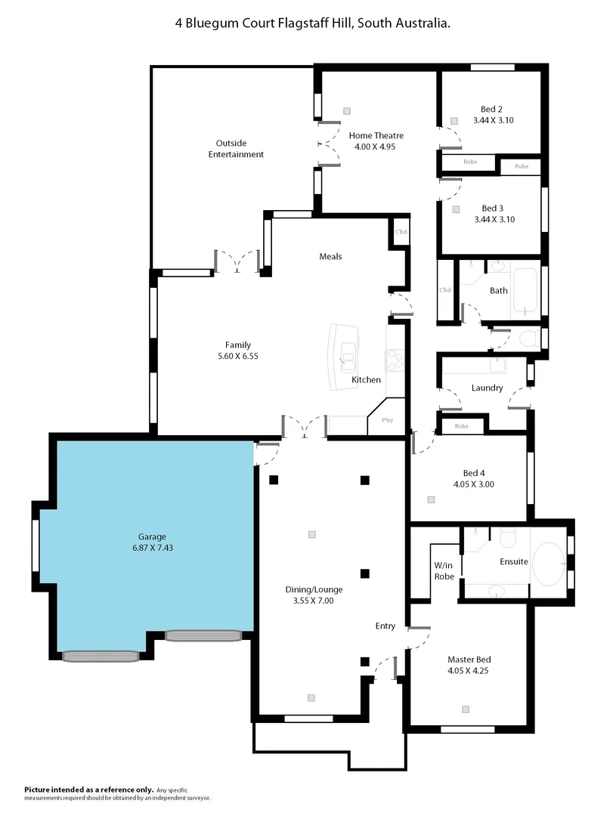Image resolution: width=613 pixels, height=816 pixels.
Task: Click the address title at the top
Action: click(x=312, y=23)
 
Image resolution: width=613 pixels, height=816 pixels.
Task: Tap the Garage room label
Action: click(x=152, y=536)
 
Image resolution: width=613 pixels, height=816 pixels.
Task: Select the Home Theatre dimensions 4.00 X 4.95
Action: click(x=376, y=146)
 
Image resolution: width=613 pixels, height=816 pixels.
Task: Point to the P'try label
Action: click(x=387, y=420)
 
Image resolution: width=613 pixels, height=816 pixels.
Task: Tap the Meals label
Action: click(x=330, y=256)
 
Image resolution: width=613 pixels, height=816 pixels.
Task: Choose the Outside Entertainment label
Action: click(x=236, y=149)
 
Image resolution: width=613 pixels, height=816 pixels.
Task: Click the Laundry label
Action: click(x=487, y=388)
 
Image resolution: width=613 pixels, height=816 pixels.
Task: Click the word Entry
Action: click(x=385, y=626)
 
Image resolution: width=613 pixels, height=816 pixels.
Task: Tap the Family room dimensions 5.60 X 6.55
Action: click(x=237, y=355)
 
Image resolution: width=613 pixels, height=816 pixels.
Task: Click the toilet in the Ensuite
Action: click(x=507, y=539)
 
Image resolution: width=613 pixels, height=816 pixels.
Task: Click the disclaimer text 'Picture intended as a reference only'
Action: click(x=89, y=789)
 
